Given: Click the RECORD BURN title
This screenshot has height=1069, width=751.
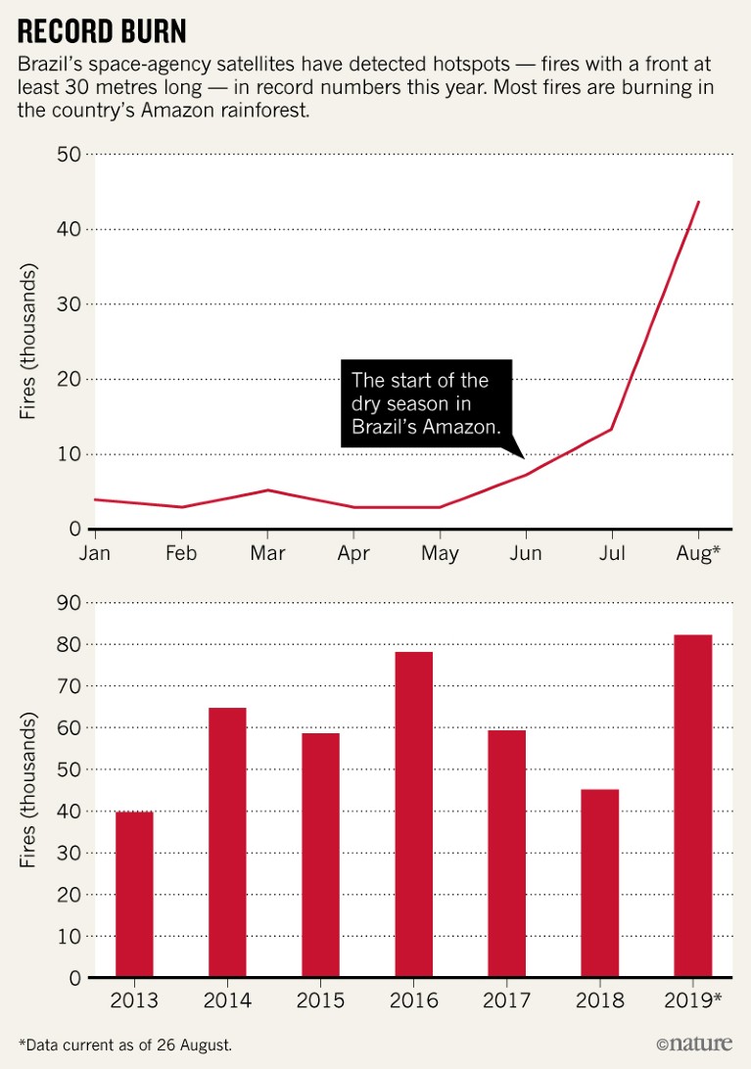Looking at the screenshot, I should pyautogui.click(x=102, y=31).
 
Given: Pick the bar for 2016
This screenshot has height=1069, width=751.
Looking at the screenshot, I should pyautogui.click(x=413, y=814).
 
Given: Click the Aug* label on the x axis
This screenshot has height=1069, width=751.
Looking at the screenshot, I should pyautogui.click(x=697, y=553).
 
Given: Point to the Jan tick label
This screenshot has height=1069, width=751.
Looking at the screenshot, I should pyautogui.click(x=95, y=553).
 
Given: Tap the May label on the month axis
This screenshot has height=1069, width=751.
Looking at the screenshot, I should pyautogui.click(x=440, y=553).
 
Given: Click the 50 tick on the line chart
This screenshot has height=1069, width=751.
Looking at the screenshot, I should pyautogui.click(x=68, y=155).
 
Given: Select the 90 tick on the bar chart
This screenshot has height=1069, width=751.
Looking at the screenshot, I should pyautogui.click(x=68, y=603).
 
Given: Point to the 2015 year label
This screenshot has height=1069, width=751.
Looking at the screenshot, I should pyautogui.click(x=320, y=1000).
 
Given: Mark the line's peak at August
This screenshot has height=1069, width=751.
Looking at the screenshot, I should pyautogui.click(x=698, y=202).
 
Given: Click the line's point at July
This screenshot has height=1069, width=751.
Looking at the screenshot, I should pyautogui.click(x=612, y=429).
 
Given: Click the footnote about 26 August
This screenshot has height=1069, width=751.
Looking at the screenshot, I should pyautogui.click(x=125, y=1045).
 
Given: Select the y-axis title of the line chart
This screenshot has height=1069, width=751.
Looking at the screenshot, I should pyautogui.click(x=28, y=341).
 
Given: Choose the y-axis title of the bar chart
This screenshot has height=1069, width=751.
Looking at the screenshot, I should pyautogui.click(x=28, y=790).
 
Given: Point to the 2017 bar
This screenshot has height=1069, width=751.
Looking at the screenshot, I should pyautogui.click(x=506, y=854).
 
